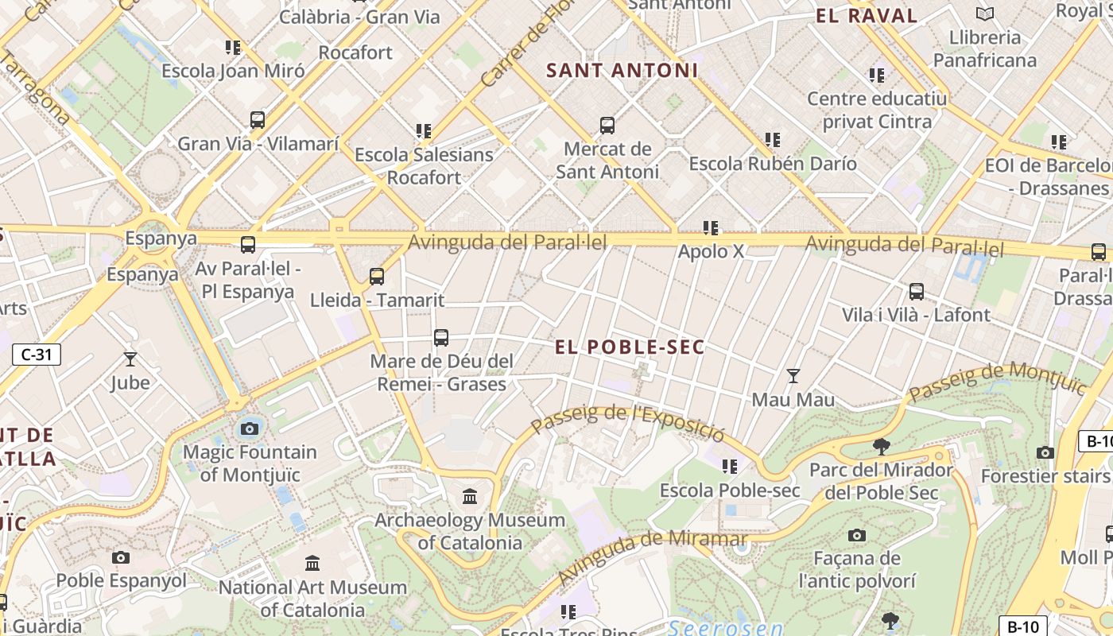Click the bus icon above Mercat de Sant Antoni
coord(607,126)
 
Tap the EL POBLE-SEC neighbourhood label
coord(630,347)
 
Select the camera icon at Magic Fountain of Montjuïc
coord(250,429)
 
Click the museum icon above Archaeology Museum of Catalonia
coord(470,497)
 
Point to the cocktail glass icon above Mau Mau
coord(793,375)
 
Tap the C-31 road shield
coord(37,355)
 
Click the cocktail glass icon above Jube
coord(130,359)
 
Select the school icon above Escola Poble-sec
coord(729,467)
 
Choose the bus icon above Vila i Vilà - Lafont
coord(917,292)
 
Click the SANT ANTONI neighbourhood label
coord(622,71)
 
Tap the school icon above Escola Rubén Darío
coord(772,140)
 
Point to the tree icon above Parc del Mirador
coord(881,446)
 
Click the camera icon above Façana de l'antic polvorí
coord(856,535)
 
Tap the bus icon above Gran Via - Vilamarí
coord(258,120)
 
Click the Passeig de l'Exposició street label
coord(628,422)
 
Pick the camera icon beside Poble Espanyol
coord(121,557)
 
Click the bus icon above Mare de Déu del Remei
coord(441,338)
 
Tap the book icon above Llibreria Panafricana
coord(985,14)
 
